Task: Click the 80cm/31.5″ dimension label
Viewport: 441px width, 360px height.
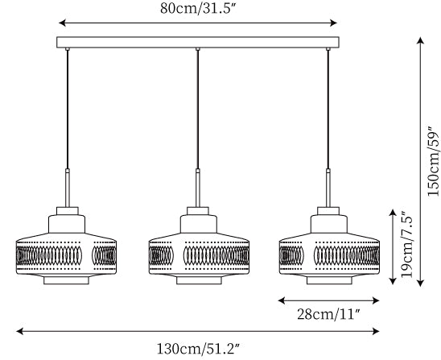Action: point(197,8)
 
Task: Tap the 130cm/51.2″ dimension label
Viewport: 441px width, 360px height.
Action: point(198,349)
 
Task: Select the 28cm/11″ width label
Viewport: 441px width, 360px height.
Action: point(329,314)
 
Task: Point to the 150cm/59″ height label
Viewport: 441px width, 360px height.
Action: point(433,161)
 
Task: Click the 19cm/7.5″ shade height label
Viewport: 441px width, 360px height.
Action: point(406,244)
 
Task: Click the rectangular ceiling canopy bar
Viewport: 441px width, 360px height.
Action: point(198,42)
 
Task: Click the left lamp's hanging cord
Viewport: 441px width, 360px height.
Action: point(68,110)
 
